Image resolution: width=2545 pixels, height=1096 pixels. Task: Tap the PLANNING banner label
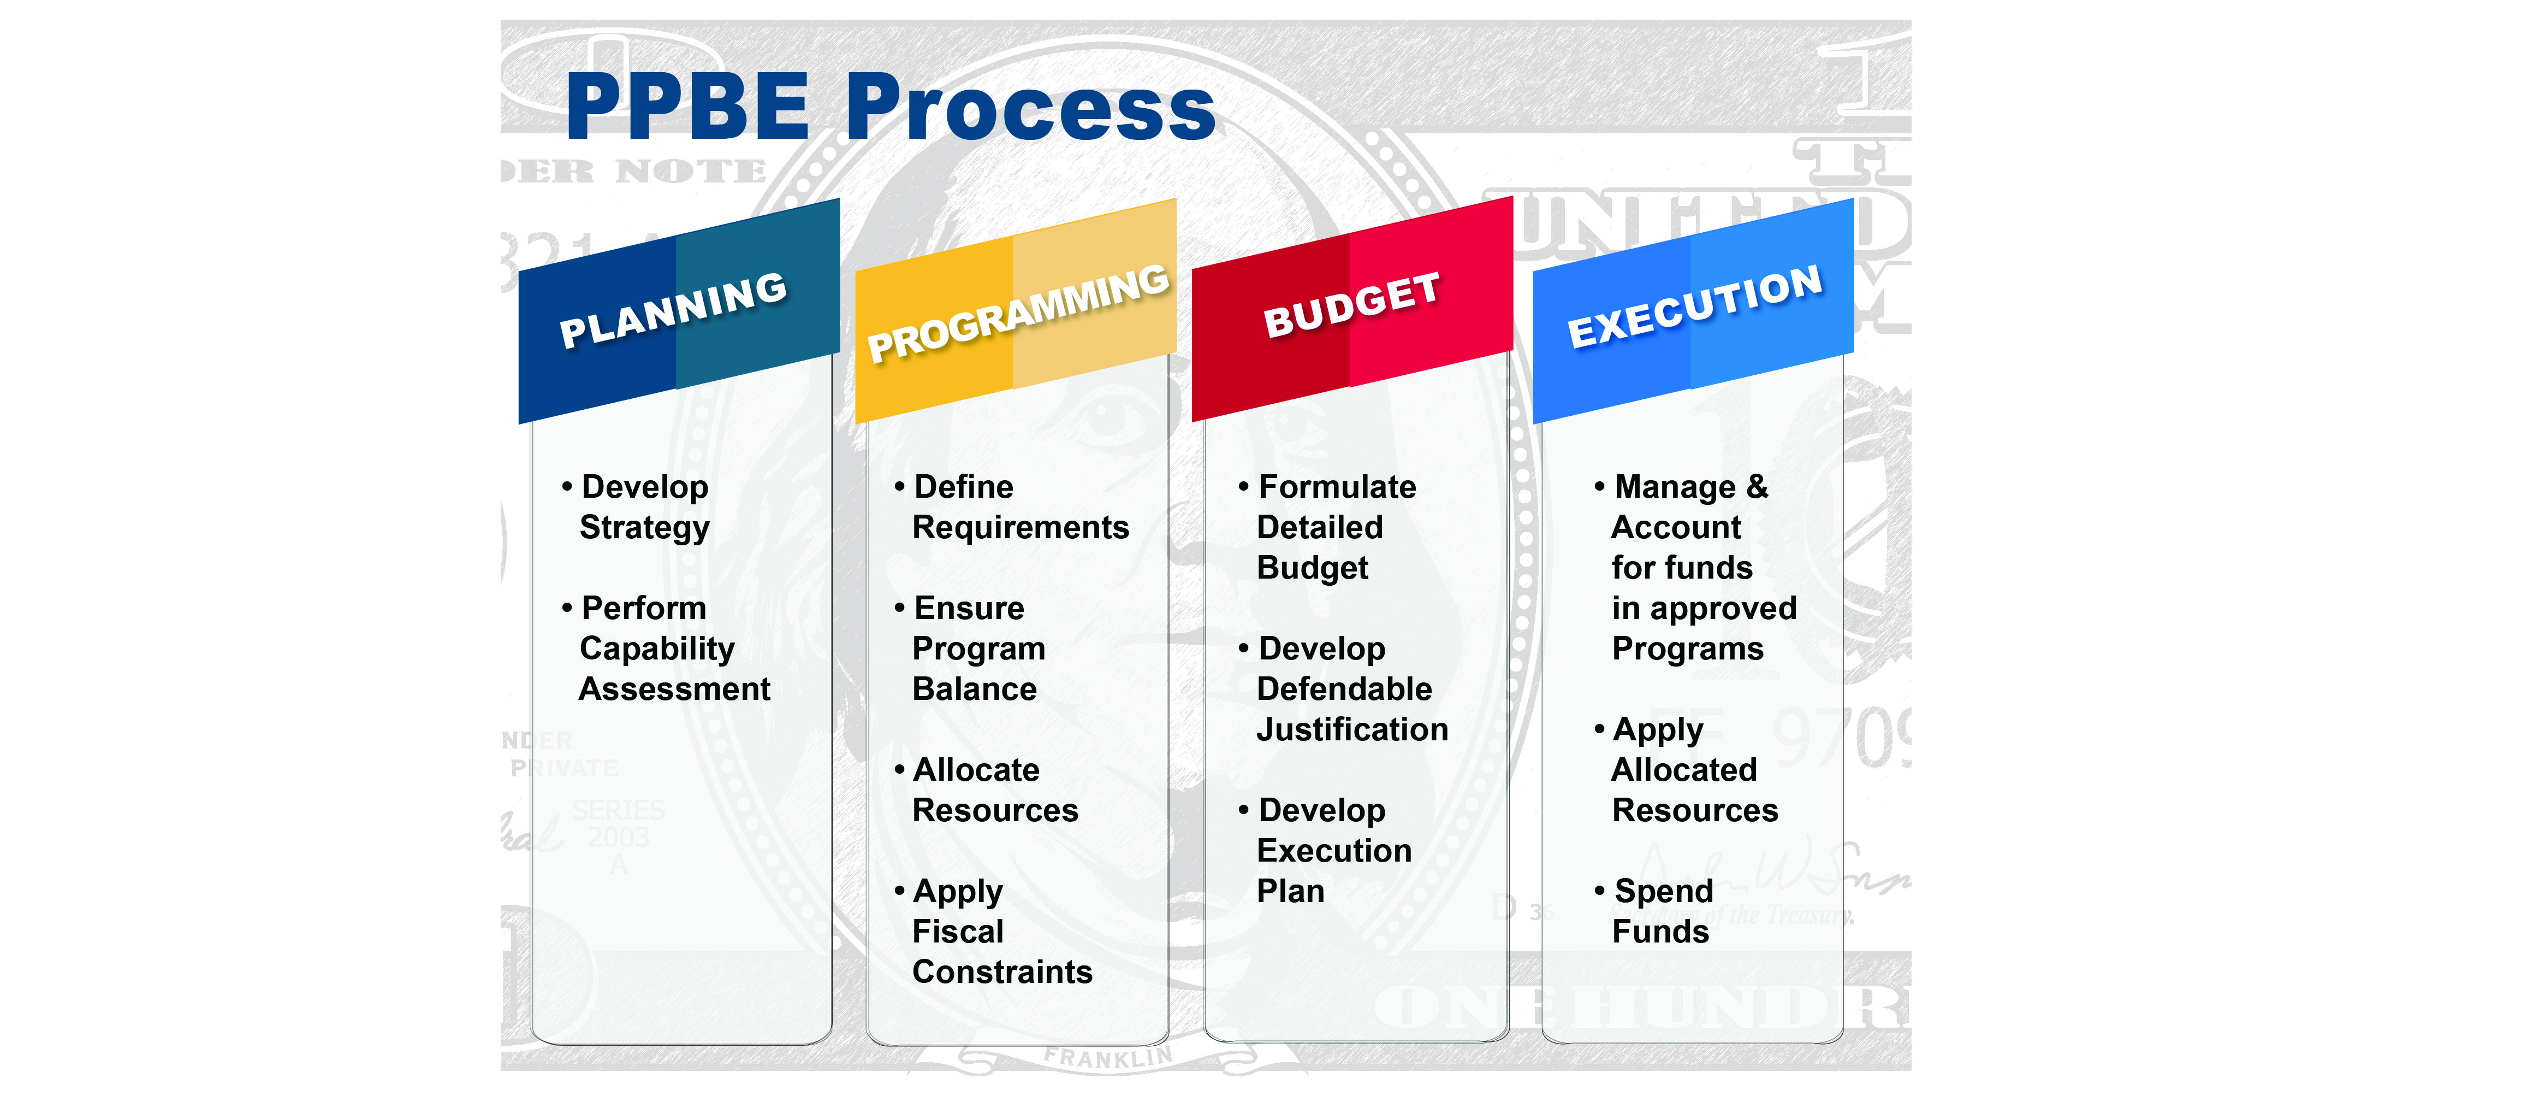pyautogui.click(x=674, y=309)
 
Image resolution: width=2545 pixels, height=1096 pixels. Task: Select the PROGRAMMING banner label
pyautogui.click(x=1018, y=313)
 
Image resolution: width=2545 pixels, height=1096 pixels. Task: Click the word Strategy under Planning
pyautogui.click(x=644, y=528)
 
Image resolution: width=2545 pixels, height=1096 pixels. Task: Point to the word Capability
pyautogui.click(x=657, y=649)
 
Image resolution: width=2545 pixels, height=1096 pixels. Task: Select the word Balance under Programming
pyautogui.click(x=974, y=689)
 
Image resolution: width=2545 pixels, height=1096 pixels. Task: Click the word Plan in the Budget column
pyautogui.click(x=1290, y=892)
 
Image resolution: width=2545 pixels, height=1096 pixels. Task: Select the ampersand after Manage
pyautogui.click(x=1757, y=486)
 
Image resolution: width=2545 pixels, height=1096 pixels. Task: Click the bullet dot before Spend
pyautogui.click(x=1599, y=891)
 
